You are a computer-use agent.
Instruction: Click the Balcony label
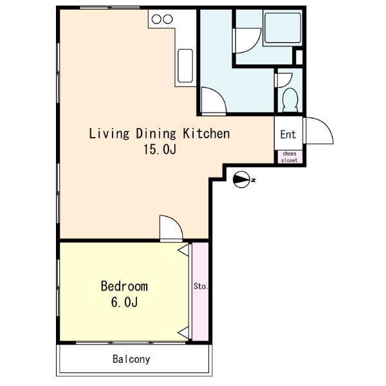tap(131, 359)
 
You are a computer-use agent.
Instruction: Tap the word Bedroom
tap(124, 286)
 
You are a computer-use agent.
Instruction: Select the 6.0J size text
tap(124, 302)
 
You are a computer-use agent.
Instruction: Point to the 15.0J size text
tap(160, 149)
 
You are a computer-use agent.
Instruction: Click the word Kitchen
tap(207, 133)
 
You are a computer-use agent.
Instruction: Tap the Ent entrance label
tap(288, 134)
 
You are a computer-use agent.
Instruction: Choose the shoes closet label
tap(289, 157)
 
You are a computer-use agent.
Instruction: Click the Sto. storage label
tap(201, 286)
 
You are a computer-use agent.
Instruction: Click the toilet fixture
tap(290, 100)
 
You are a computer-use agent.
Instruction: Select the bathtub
tap(282, 28)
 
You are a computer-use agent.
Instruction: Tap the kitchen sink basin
tap(185, 66)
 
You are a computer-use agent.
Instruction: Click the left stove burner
tap(156, 19)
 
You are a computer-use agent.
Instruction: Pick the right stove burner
tap(168, 19)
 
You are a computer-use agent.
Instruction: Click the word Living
tap(109, 134)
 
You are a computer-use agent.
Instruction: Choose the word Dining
tap(156, 134)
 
